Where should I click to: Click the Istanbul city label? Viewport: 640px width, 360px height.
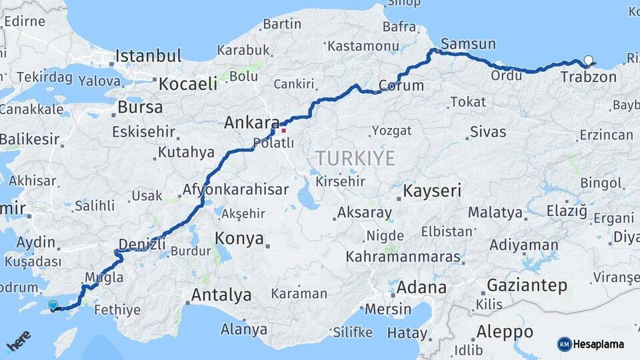tap(148, 56)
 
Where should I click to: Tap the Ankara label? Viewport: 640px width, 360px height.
tap(251, 123)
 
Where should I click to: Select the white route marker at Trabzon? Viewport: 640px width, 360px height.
tap(588, 61)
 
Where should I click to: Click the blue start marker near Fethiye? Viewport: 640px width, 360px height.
tap(53, 305)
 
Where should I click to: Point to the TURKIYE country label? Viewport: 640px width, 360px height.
tap(355, 159)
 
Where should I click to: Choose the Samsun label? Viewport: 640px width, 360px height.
tap(468, 44)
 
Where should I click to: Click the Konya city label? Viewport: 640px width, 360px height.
tap(239, 239)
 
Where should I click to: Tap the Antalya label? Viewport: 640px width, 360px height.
tap(221, 295)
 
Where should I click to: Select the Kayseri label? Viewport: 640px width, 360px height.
tap(432, 191)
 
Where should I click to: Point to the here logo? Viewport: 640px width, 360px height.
tap(19, 341)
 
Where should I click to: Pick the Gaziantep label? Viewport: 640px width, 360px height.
tap(527, 285)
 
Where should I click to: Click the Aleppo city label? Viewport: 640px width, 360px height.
tap(505, 331)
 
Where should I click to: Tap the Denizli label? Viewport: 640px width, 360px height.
tap(141, 244)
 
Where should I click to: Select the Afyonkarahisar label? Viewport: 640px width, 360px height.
tap(226, 189)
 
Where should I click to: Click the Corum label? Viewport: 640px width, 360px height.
tap(401, 85)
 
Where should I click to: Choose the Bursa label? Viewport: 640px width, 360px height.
tap(139, 107)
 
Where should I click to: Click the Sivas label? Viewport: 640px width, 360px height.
tap(488, 132)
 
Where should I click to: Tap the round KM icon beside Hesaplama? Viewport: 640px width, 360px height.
tap(565, 344)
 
